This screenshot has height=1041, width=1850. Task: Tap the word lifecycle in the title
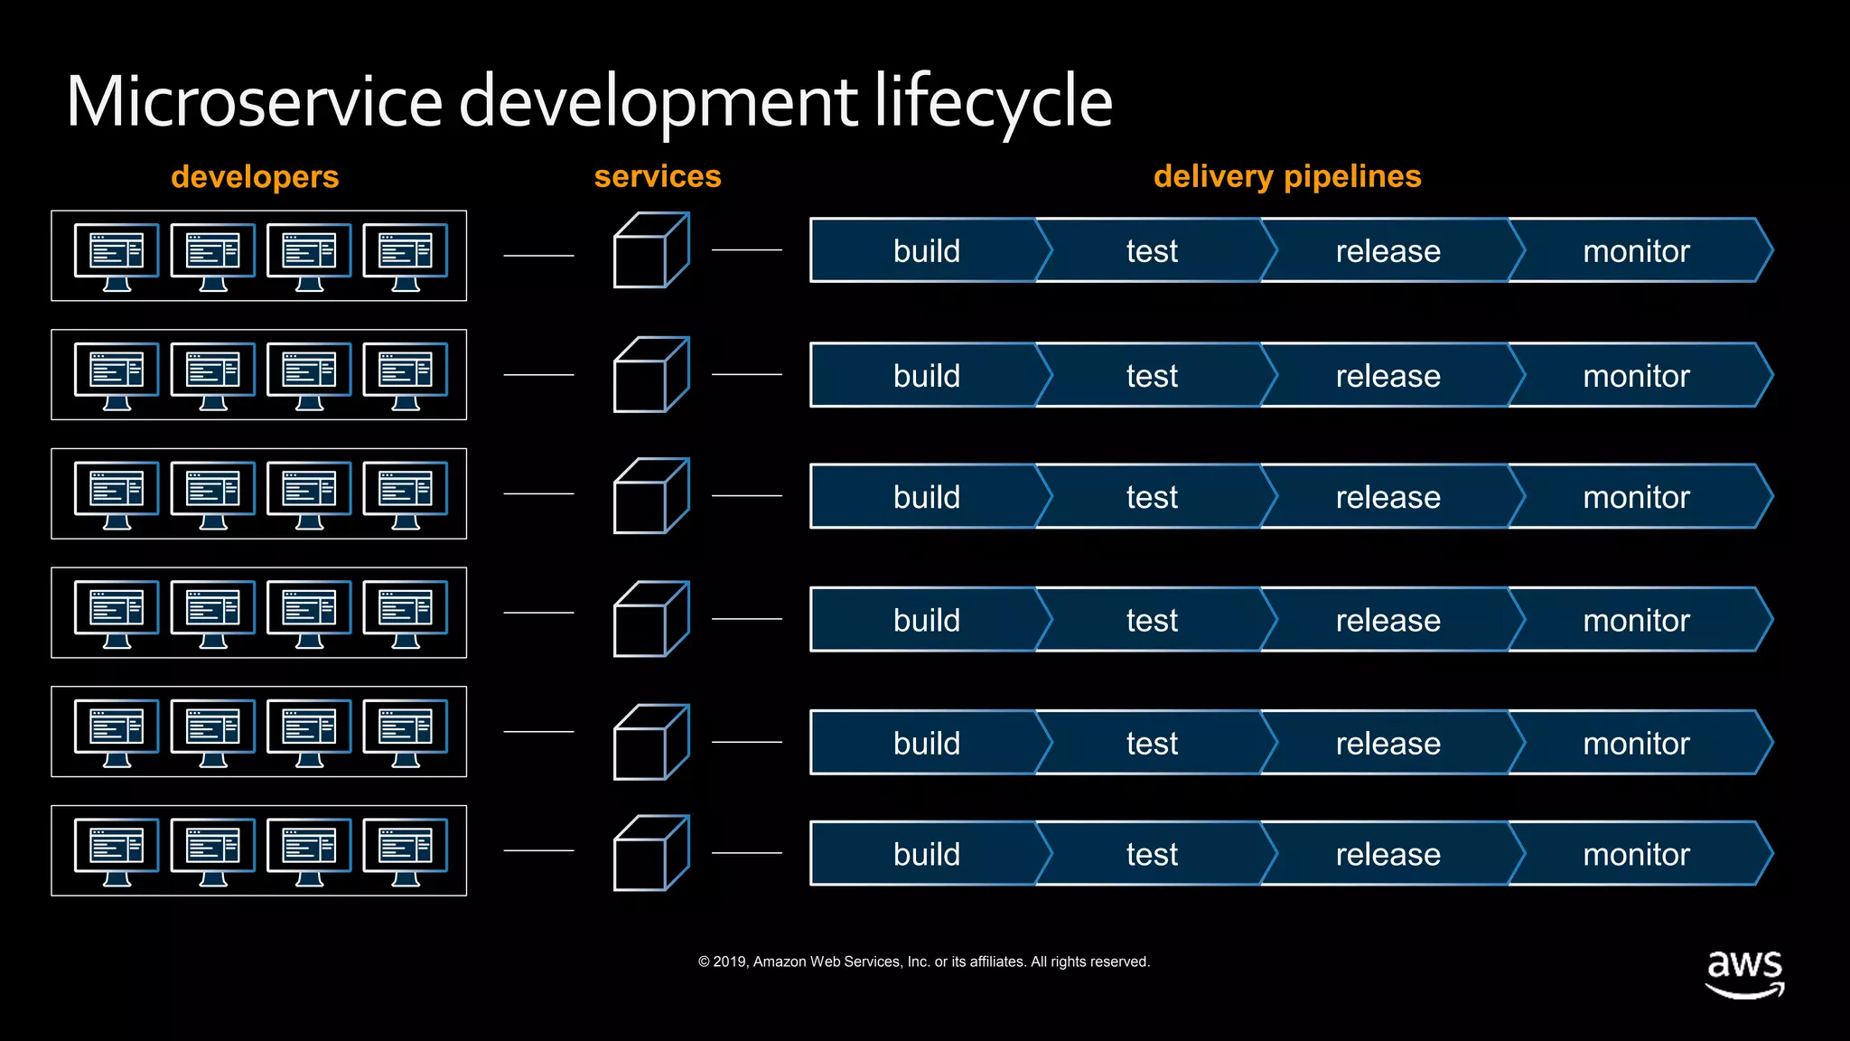click(x=993, y=101)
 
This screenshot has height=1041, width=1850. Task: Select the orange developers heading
click(x=255, y=176)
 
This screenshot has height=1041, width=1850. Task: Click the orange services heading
click(x=658, y=176)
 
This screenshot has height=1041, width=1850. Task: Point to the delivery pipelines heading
click(x=1287, y=176)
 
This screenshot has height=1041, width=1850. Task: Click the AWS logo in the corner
click(x=1744, y=973)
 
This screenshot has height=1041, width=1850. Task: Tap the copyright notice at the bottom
click(x=923, y=961)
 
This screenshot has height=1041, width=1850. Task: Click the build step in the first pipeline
click(x=926, y=250)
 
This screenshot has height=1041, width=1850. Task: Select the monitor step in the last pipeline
click(x=1636, y=854)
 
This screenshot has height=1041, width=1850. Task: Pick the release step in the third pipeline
click(x=1387, y=497)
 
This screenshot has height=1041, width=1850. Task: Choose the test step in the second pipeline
click(x=1152, y=375)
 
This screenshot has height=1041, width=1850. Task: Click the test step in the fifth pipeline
click(x=1152, y=743)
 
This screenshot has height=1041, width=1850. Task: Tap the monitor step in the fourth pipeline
click(x=1636, y=620)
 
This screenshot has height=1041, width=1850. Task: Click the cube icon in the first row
click(x=650, y=250)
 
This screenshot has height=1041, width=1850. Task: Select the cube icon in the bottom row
click(x=650, y=853)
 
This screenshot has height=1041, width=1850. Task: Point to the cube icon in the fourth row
click(x=650, y=619)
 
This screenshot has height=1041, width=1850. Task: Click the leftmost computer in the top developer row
click(x=117, y=256)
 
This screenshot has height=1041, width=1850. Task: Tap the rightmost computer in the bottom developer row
click(x=405, y=850)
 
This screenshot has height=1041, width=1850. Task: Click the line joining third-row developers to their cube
click(x=538, y=493)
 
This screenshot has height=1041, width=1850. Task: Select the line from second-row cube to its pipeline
click(x=746, y=374)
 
